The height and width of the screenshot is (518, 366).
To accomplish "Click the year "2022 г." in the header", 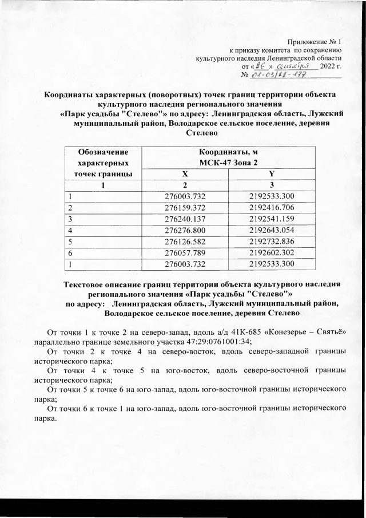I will tap(331, 66).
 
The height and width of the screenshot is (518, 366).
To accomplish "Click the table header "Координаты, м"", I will tap(228, 152).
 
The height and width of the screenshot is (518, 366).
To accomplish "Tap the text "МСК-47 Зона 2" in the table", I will tap(228, 163).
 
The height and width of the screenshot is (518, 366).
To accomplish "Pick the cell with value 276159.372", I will tap(185, 208).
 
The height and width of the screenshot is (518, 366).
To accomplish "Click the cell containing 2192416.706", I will tap(271, 208).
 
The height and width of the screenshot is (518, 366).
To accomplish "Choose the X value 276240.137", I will tap(185, 219).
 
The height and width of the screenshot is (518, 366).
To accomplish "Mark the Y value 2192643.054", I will tap(271, 231).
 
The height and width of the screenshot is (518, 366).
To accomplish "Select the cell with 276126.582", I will tap(185, 242).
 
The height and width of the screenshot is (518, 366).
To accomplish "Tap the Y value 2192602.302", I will tap(271, 254).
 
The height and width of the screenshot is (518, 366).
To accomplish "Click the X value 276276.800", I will tap(185, 231).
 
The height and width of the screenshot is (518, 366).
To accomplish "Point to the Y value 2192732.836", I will tap(271, 242).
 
